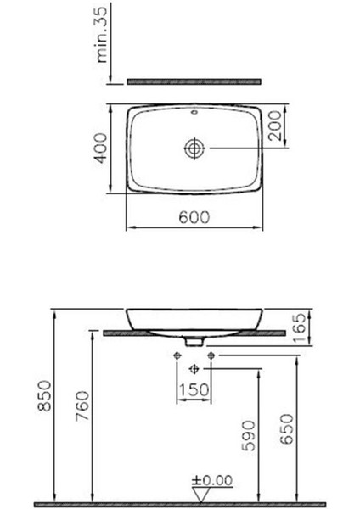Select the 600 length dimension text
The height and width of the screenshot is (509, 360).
pyautogui.click(x=194, y=217)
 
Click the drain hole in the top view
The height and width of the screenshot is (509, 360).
pyautogui.click(x=194, y=148)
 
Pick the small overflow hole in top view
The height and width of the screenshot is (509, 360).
pyautogui.click(x=194, y=111)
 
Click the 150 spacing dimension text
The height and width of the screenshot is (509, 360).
pyautogui.click(x=194, y=389)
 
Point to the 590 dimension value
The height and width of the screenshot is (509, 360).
pyautogui.click(x=246, y=433)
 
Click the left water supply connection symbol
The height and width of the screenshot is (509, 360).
pyautogui.click(x=177, y=354)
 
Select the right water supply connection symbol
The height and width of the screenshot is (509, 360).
pyautogui.click(x=211, y=354)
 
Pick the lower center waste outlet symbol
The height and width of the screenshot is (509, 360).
pyautogui.click(x=194, y=368)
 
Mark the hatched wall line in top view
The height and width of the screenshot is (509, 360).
pyautogui.click(x=194, y=81)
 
